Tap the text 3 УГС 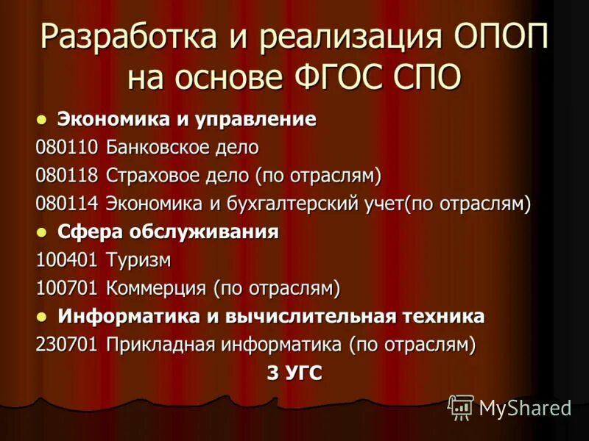[x=294, y=373]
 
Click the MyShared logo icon [x=462, y=406]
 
